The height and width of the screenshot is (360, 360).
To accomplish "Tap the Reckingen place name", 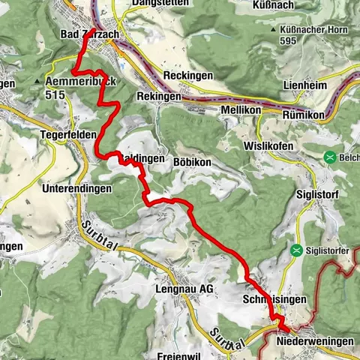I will click(x=187, y=76).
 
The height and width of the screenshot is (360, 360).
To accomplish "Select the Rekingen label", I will click(x=159, y=97).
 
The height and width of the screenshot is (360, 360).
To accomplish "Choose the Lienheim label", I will click(x=304, y=85).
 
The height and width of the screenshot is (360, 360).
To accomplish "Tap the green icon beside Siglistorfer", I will click(x=297, y=250).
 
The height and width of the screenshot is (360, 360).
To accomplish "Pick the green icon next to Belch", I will click(x=329, y=157).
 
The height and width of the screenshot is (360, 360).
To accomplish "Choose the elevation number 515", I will click(x=55, y=94).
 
